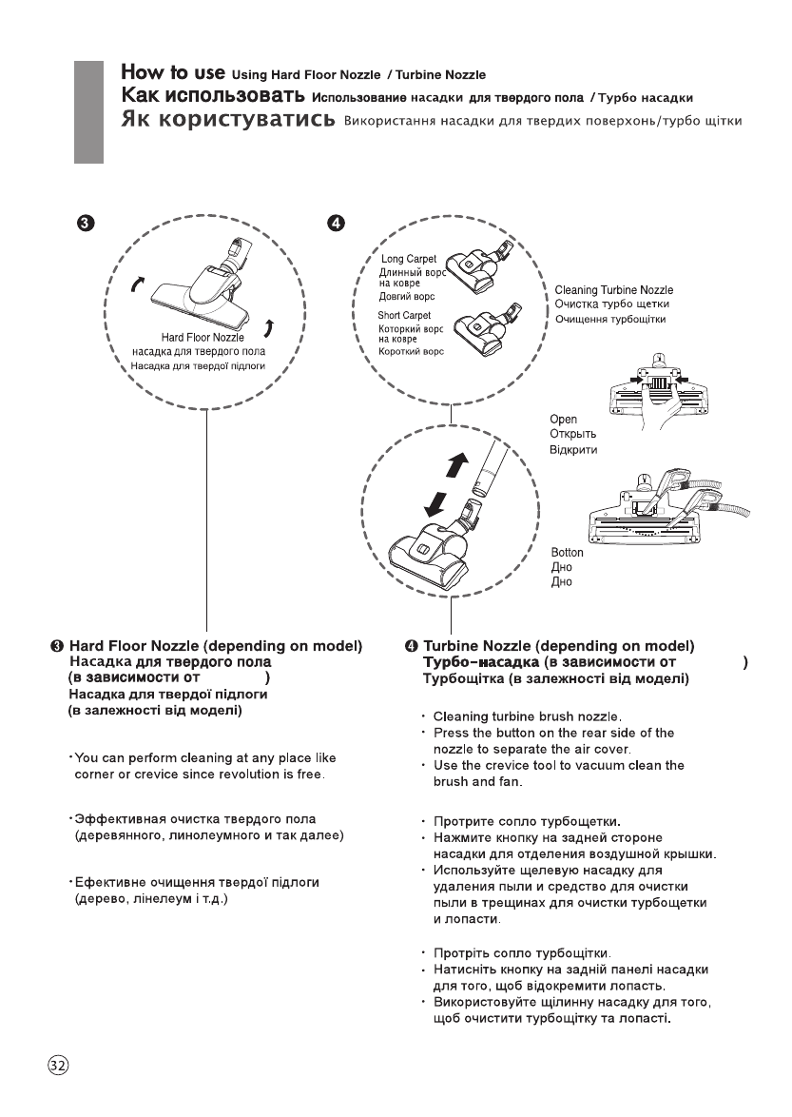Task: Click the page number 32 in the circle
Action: pyautogui.click(x=58, y=1065)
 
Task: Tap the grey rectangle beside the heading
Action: pyautogui.click(x=88, y=113)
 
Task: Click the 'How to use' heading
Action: pyautogui.click(x=172, y=72)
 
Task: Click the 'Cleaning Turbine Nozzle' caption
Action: pyautogui.click(x=613, y=290)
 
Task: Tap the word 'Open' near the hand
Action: pyautogui.click(x=564, y=420)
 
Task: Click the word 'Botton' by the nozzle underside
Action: pyautogui.click(x=568, y=553)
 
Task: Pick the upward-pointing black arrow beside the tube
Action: pyautogui.click(x=458, y=465)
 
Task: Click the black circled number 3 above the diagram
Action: pyautogui.click(x=85, y=223)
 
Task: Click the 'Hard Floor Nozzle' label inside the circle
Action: pyautogui.click(x=203, y=337)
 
